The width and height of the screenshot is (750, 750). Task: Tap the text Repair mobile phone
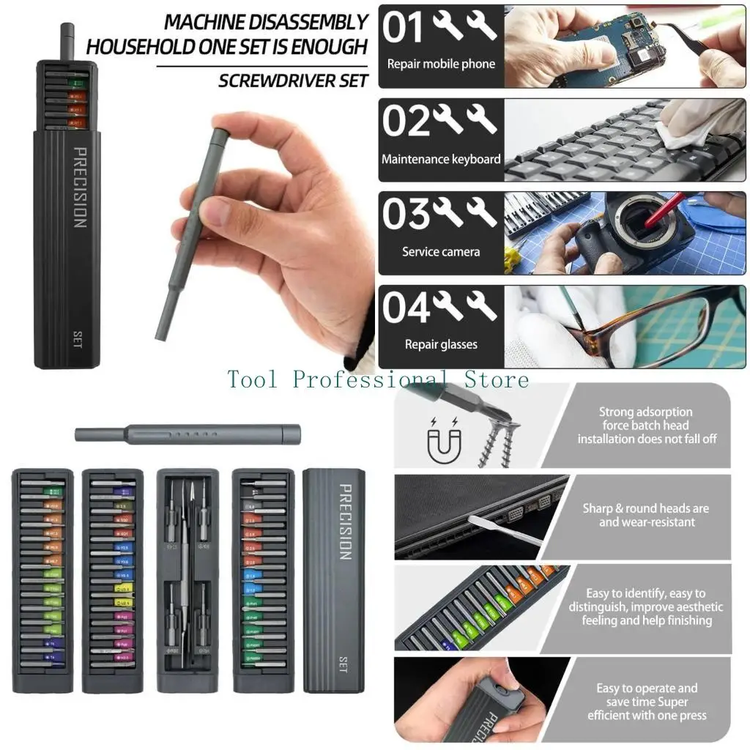click(441, 64)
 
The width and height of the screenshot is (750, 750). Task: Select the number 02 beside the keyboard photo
click(405, 121)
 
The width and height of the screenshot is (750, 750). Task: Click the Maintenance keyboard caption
click(441, 159)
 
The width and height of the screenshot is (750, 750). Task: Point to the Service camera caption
click(441, 251)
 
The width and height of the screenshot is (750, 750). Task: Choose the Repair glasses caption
click(441, 344)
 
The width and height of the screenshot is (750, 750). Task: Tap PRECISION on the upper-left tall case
click(79, 187)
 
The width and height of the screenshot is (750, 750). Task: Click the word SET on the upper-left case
click(78, 338)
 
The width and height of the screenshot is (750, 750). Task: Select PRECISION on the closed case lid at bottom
click(345, 521)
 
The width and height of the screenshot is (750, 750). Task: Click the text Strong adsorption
click(645, 412)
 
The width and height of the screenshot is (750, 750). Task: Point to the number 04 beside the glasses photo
click(405, 308)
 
